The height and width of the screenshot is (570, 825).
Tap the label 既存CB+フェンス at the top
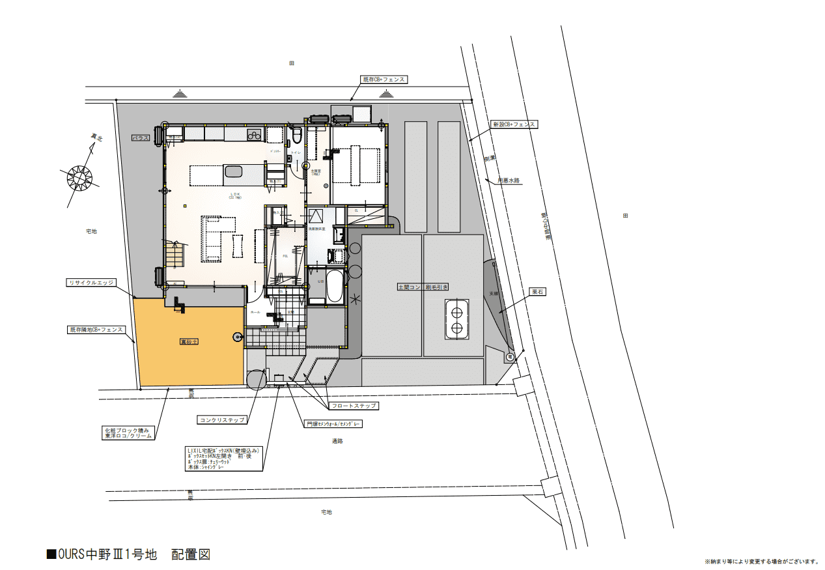point(384,79)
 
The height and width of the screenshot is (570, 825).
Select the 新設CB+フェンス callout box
point(514,124)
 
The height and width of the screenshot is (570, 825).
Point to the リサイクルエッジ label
point(91,283)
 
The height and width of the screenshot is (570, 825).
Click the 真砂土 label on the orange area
point(189,341)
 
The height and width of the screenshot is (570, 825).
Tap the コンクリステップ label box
point(222,420)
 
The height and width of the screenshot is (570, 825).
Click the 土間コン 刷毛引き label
point(423,287)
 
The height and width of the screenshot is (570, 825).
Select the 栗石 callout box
point(537,292)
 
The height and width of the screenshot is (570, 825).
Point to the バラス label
point(141,138)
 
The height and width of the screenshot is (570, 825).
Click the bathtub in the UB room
point(334,286)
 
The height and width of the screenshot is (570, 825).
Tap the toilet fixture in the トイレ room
point(297,135)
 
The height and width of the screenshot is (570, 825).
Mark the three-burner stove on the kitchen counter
point(253,135)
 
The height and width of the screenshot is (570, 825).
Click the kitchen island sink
point(233,172)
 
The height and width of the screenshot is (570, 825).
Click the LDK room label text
point(235,195)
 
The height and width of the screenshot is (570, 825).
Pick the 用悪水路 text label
point(509,180)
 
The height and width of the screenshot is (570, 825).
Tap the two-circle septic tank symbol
point(456,319)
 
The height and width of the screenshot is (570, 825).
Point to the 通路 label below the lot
point(337,441)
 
